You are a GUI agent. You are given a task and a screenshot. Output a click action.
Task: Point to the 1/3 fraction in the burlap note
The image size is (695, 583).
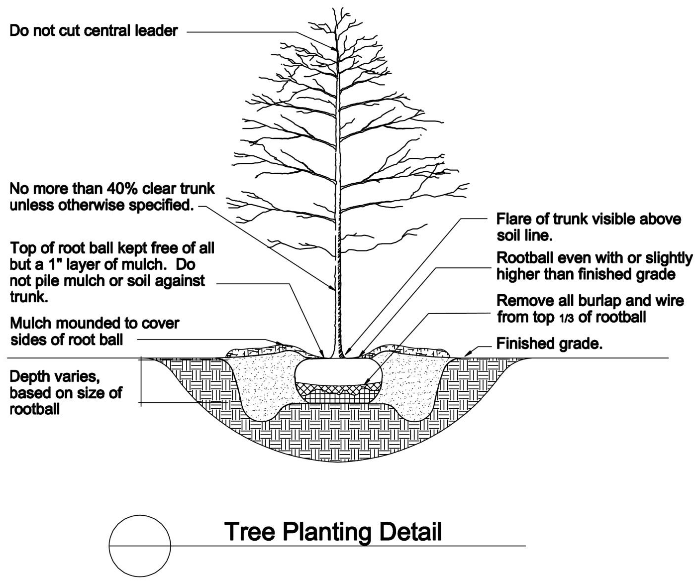566,318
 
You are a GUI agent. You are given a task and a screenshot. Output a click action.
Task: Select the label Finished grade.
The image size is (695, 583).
549,344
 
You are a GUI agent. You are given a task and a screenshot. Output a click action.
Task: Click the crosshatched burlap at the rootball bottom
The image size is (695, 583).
338,392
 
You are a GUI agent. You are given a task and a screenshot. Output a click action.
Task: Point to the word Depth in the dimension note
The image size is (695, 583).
29,377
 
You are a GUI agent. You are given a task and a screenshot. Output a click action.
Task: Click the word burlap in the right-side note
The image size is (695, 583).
599,302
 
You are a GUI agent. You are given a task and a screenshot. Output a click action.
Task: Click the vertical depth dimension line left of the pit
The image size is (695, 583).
141,381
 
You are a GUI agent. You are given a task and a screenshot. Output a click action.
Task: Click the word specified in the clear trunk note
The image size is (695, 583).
161,206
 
